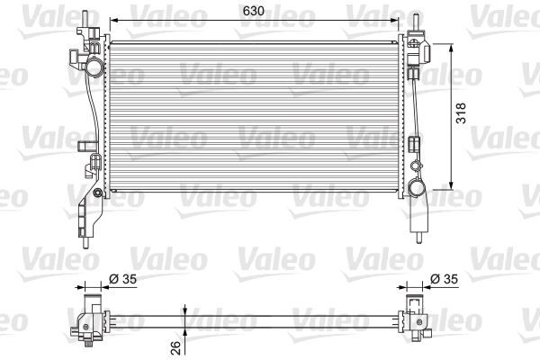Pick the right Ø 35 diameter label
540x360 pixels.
pyautogui.click(x=444, y=281)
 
